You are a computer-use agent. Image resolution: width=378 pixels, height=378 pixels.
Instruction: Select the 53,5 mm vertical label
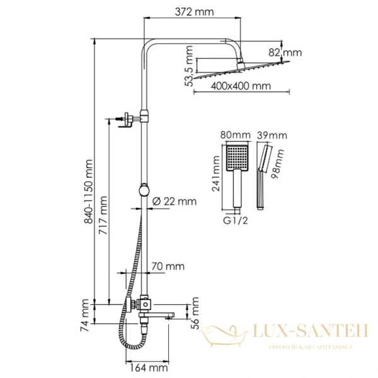pos(189,66)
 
